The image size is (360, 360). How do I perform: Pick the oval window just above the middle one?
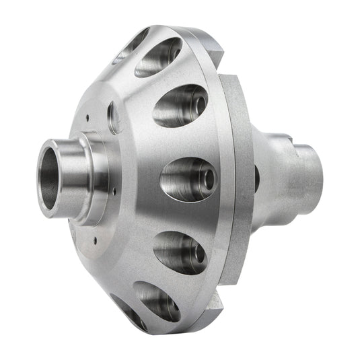point(180,106)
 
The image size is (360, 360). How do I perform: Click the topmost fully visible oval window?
point(159,57)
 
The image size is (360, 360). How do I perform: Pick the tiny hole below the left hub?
point(96,239)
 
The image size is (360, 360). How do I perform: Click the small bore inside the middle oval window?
point(207,178)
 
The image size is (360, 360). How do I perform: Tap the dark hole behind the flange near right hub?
point(257,179)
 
